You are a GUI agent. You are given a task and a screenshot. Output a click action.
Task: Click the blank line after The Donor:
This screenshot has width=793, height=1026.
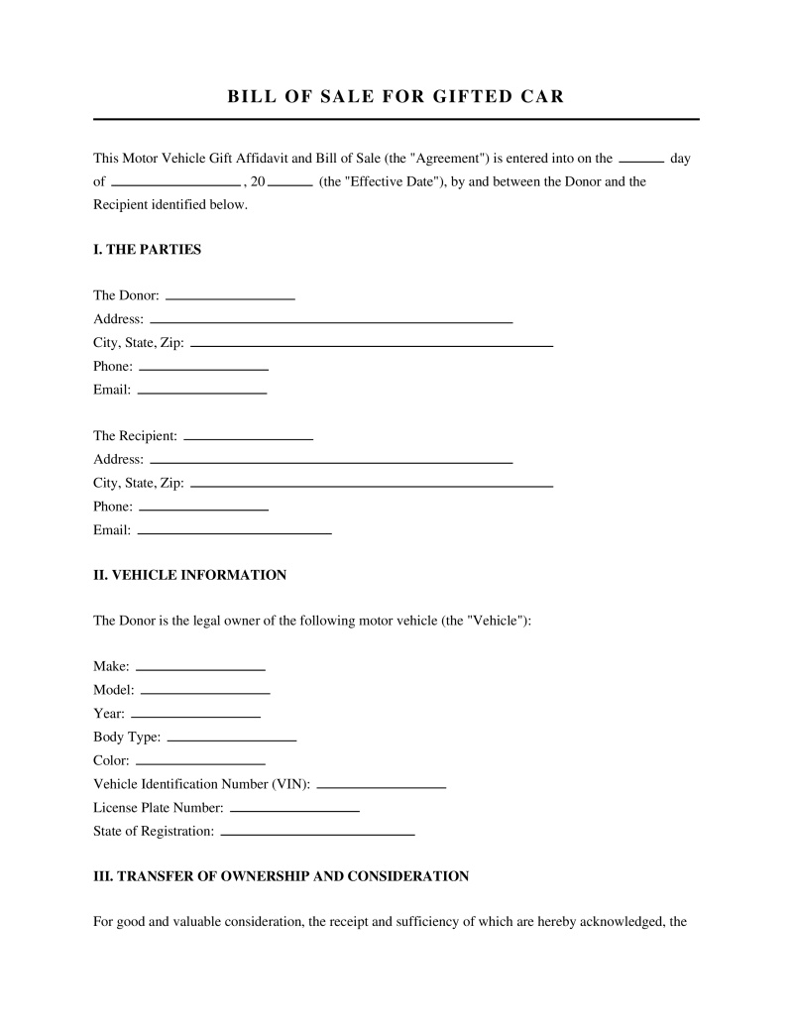230,297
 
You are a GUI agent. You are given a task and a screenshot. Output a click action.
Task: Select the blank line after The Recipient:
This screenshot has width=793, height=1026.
248,437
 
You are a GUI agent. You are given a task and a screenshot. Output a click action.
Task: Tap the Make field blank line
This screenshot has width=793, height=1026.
200,669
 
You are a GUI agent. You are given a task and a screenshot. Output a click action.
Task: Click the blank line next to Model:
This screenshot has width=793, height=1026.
205,692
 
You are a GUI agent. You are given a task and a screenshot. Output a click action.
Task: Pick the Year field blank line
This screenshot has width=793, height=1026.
195,716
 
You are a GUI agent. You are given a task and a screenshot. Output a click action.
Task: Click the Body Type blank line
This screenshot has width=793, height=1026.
232,740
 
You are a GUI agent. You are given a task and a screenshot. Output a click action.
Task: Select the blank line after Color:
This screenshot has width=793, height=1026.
200,763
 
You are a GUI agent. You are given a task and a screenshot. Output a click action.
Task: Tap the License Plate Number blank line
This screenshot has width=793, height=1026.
293,810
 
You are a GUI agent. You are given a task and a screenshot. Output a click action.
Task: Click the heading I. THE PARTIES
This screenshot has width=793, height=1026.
147,250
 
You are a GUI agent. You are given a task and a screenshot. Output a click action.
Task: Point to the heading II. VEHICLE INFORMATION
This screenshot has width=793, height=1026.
189,575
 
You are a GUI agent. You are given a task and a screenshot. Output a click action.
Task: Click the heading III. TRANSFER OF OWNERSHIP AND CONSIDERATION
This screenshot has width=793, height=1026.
281,876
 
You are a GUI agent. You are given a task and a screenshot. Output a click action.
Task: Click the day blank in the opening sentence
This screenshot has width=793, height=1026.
640,160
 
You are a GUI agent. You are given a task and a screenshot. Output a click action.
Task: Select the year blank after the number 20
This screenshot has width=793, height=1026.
290,183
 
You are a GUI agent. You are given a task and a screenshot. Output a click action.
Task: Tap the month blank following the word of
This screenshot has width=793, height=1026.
175,183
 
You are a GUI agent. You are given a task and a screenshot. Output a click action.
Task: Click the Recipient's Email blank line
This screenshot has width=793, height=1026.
234,532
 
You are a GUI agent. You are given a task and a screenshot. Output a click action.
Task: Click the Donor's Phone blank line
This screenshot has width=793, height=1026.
203,368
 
